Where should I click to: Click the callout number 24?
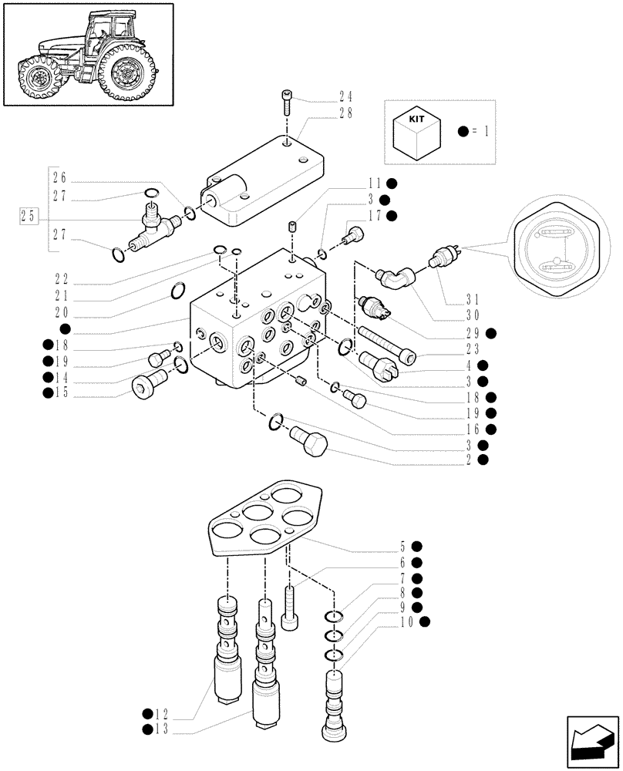(345, 97)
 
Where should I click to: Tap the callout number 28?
(345, 114)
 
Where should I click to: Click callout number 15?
(63, 393)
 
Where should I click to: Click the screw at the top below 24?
(286, 101)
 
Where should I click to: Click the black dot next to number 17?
(392, 216)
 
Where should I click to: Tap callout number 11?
(375, 183)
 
